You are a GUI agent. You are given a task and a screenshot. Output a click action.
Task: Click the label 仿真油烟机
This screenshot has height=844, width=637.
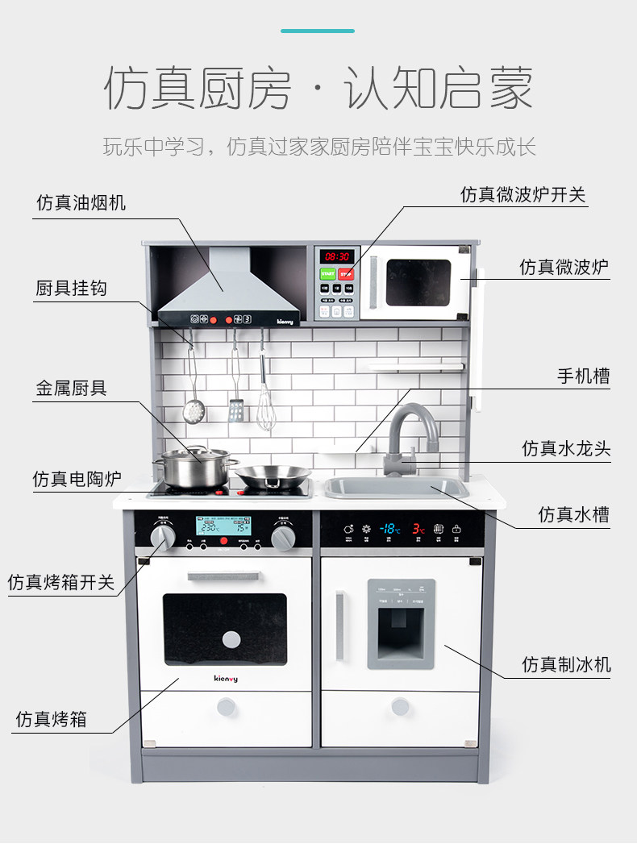pos(81,202)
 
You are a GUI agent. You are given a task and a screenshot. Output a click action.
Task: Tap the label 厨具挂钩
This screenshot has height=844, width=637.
pos(71,288)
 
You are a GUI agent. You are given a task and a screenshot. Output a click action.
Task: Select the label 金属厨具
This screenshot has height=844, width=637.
pos(71,389)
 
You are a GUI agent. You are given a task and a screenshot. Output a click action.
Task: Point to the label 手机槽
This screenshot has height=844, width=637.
pos(583,376)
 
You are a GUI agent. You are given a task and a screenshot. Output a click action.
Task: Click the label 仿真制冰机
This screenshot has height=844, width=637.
pos(566,664)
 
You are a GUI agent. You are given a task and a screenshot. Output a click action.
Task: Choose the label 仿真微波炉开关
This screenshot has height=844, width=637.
pos(523,194)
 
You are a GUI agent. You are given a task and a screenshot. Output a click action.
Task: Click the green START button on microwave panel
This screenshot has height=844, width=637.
pos(328,274)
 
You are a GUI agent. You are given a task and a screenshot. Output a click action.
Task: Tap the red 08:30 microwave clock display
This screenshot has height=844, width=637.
pos(337,256)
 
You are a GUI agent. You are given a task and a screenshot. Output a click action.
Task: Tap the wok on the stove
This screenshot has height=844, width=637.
pos(272,476)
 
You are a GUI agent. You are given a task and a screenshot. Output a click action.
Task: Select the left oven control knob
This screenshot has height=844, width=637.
pos(162,538)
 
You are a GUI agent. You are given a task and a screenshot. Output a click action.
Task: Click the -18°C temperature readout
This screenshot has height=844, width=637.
pos(390,529)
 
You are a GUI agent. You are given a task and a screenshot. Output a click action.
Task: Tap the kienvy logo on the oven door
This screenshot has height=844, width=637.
pos(225,679)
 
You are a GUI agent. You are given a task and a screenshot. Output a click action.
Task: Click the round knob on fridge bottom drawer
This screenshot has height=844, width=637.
pos(401,707)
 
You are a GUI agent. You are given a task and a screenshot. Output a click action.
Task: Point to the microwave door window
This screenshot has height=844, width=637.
pos(418,283)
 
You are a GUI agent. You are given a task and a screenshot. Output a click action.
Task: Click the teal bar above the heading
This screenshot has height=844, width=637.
pos(318,31)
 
